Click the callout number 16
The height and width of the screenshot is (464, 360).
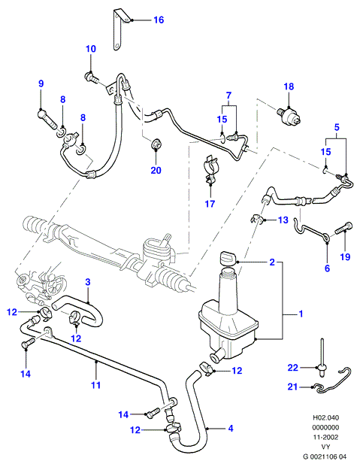pos(159,20)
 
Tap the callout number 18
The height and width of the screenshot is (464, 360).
pos(289,86)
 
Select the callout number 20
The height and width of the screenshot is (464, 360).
pos(156,170)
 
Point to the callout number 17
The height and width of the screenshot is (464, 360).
pos(210,204)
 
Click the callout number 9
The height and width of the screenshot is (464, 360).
pos(41,83)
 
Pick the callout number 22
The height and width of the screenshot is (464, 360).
pos(293,368)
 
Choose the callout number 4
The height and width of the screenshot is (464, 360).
pos(231,428)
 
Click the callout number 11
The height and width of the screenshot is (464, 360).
pos(95,385)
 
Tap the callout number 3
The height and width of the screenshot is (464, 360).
pos(88,282)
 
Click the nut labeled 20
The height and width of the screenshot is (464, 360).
pos(156,144)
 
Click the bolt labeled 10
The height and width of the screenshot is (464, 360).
pos(92,77)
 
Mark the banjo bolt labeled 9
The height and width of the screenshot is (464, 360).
pos(47,120)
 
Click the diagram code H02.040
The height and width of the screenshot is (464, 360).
pos(325,417)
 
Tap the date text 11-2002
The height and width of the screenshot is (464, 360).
pos(325,437)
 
